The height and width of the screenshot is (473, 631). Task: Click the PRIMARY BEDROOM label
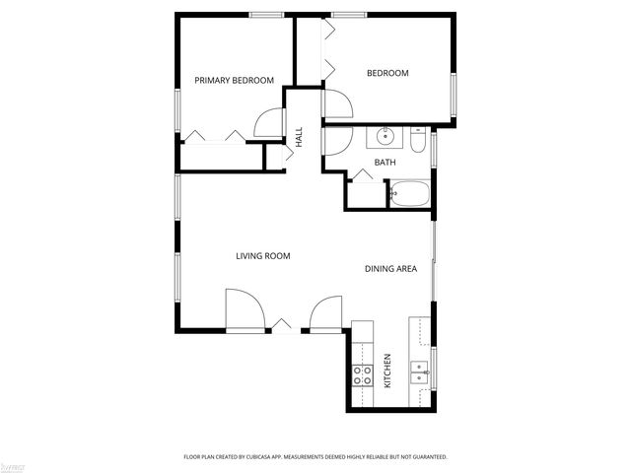pyautogui.click(x=234, y=80)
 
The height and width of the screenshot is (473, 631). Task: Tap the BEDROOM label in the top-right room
pyautogui.click(x=387, y=73)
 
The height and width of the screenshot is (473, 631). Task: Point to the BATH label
pyautogui.click(x=385, y=162)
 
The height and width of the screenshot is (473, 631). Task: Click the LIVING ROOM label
pyautogui.click(x=262, y=256)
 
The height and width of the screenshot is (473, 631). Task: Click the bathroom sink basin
pyautogui.click(x=385, y=137)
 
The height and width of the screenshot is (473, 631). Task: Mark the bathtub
pyautogui.click(x=409, y=193)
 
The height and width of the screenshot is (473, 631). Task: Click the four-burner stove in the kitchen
pyautogui.click(x=362, y=373)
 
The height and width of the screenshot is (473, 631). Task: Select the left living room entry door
pyautogui.click(x=245, y=311)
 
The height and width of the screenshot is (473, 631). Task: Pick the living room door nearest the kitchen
pyautogui.click(x=325, y=315)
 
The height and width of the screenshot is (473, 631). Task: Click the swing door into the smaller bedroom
pyautogui.click(x=335, y=103)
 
